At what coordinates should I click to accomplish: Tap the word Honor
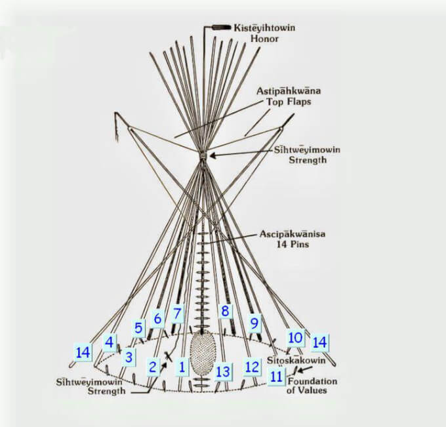[x=260, y=39]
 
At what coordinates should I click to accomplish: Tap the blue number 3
[x=129, y=357]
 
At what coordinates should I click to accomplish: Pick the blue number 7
[x=177, y=314]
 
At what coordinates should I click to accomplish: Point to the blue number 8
[x=225, y=311]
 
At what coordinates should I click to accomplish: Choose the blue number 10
[x=295, y=338]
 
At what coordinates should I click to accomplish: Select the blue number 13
[x=223, y=372]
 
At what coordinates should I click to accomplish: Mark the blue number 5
[x=138, y=327]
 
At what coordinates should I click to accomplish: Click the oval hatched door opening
[x=203, y=354]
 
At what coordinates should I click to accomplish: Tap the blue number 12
[x=252, y=367]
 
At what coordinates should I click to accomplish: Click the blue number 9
[x=254, y=322]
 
